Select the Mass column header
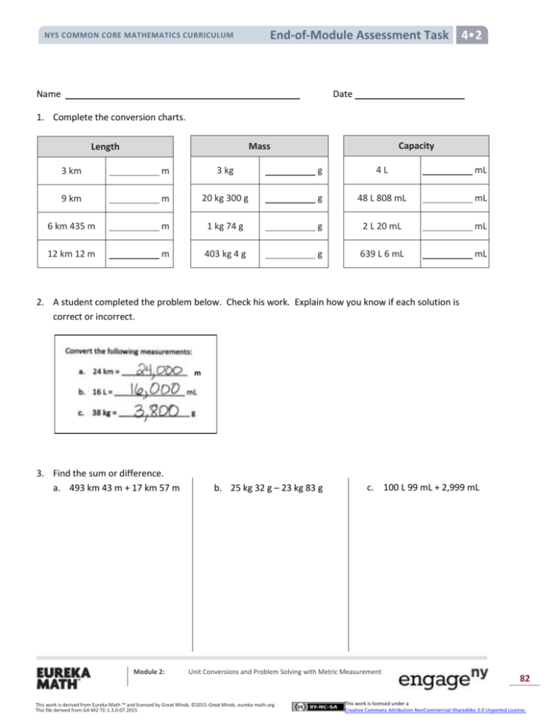259,146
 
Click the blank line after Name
182,96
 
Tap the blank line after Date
409,96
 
